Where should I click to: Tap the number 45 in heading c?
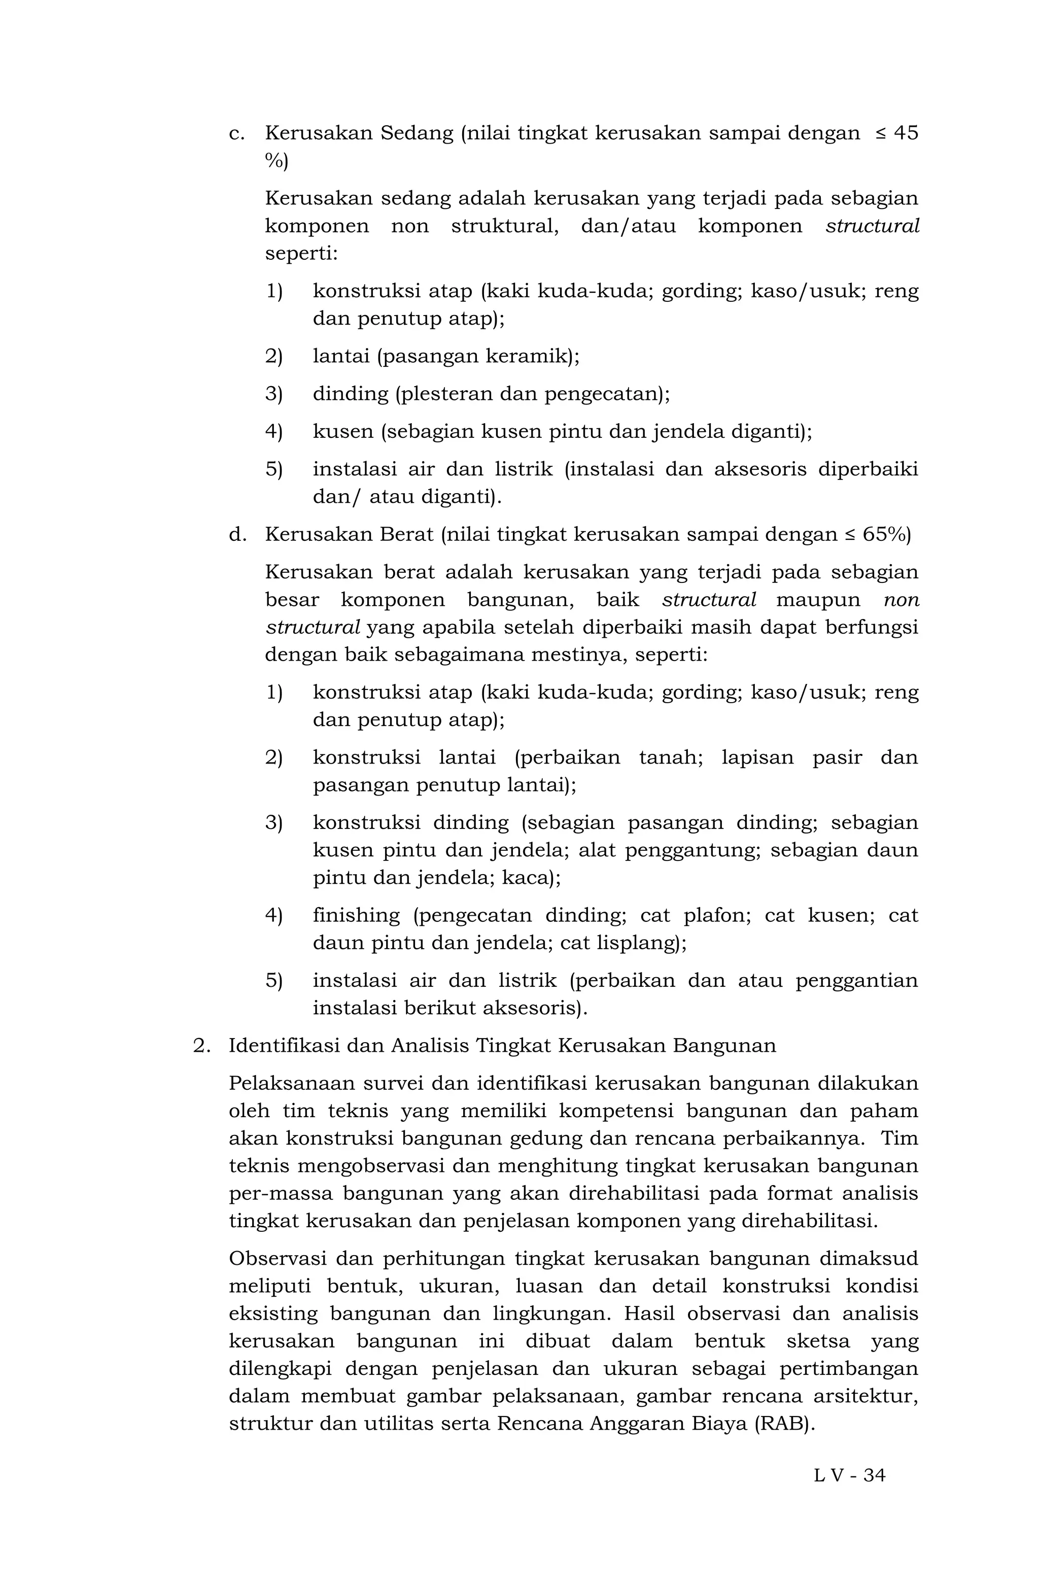pyautogui.click(x=905, y=133)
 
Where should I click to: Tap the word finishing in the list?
pyautogui.click(x=356, y=915)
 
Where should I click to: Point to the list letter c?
pyautogui.click(x=234, y=133)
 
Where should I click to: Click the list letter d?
pyautogui.click(x=234, y=534)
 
